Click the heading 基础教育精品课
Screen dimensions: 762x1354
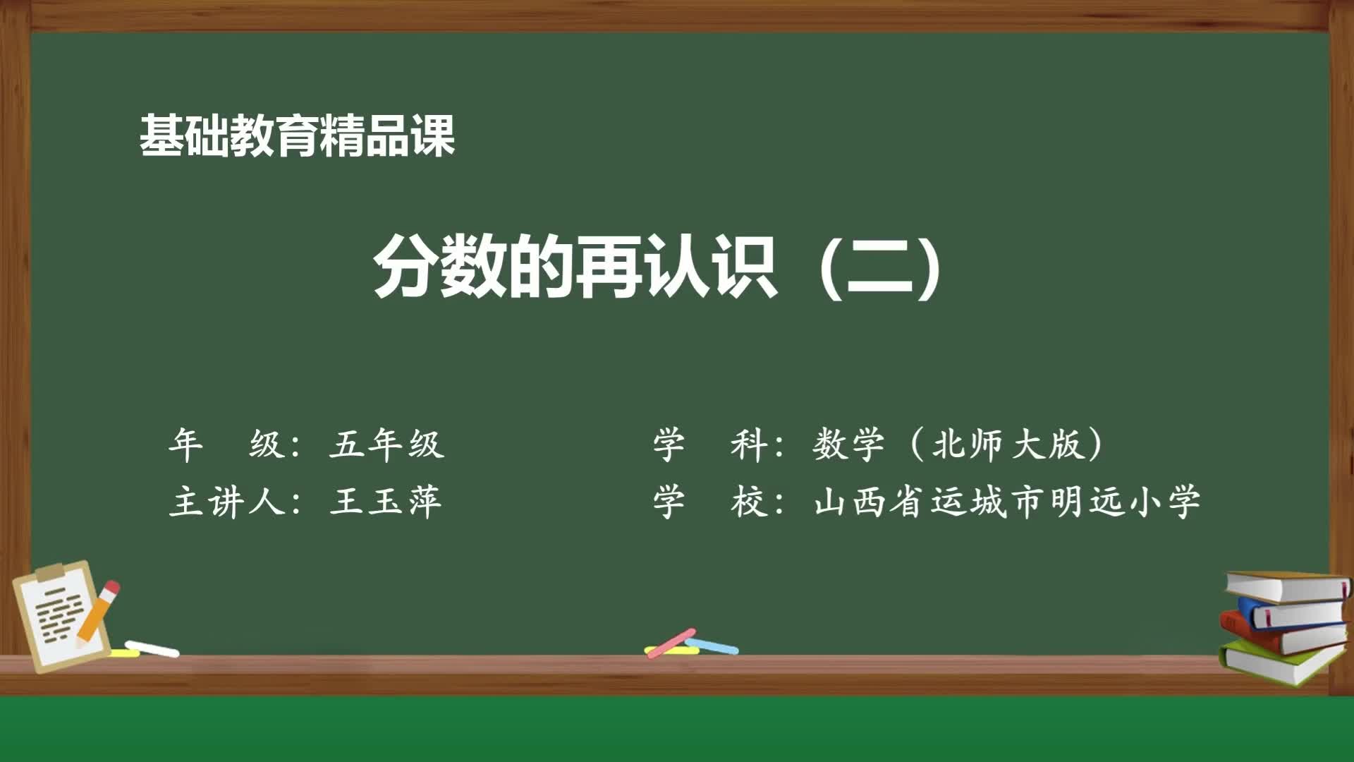[297, 135]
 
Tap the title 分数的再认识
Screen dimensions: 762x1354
[575, 269]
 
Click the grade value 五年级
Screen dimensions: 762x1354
[386, 445]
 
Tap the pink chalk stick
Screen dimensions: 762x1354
[671, 642]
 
